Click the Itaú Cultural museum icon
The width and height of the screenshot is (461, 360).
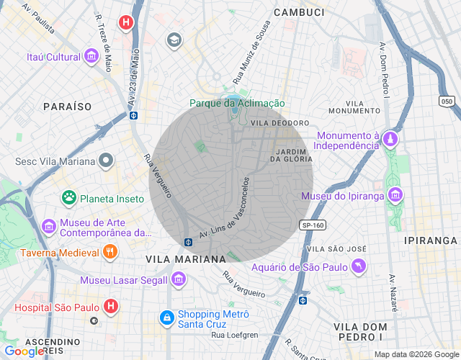tap(91, 56)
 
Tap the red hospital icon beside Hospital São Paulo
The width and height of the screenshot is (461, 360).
tap(110, 307)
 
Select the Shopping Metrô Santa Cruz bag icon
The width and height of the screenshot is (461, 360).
tap(166, 318)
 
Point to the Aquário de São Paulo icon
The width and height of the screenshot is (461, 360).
tap(359, 268)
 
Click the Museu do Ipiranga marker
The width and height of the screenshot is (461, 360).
tap(395, 195)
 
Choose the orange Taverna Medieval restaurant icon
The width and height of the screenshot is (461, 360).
tap(109, 252)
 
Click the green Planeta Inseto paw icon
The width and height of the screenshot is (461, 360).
tap(69, 197)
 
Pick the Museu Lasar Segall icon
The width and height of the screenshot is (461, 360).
tap(179, 279)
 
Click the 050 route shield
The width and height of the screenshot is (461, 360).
tap(447, 102)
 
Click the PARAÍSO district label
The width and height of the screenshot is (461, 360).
tap(67, 106)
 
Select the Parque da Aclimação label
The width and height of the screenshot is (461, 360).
tap(237, 104)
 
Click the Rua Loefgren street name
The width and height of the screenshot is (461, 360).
tap(234, 335)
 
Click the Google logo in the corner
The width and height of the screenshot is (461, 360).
tap(24, 351)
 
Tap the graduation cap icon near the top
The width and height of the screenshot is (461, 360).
tap(174, 40)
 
